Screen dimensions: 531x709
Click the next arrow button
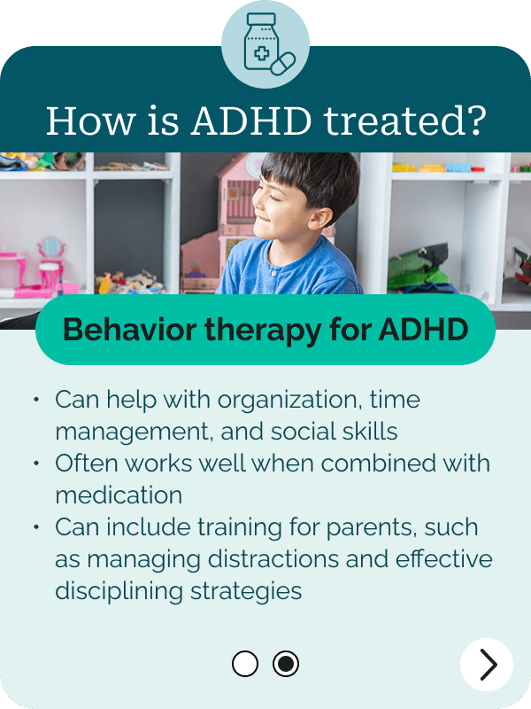pos(487,664)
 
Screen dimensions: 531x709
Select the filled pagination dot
pos(286,664)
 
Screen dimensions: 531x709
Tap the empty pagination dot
pos(245,664)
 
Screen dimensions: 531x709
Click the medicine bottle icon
pos(261,42)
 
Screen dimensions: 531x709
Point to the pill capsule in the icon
pos(283,63)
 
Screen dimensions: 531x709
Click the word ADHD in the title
pos(251,121)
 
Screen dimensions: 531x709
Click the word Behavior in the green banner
pos(130,329)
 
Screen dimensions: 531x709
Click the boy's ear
pos(319,218)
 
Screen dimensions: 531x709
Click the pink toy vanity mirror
pos(51,247)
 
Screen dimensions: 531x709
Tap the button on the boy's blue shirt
pos(273,273)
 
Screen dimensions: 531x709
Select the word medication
pos(119,495)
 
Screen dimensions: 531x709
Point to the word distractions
pos(273,559)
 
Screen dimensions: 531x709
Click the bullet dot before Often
pos(36,464)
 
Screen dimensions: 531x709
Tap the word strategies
pos(246,592)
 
